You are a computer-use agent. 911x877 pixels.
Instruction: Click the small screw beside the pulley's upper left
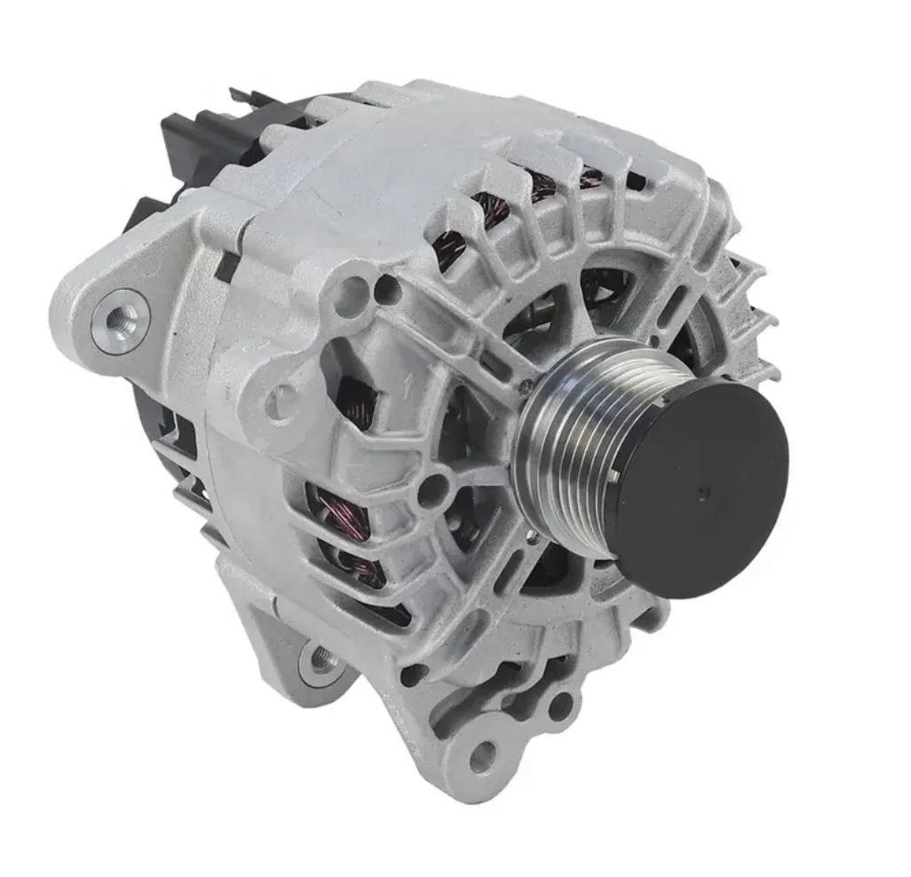(526, 387)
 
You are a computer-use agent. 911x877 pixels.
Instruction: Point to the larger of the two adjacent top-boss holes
(354, 291)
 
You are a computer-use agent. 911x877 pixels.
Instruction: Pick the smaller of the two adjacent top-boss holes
(388, 286)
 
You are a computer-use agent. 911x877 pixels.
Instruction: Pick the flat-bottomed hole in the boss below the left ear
(282, 404)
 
